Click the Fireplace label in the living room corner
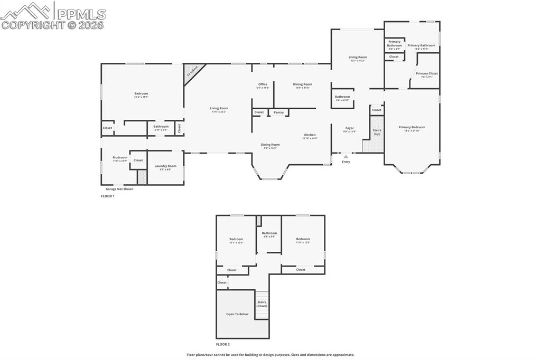coord(192,71)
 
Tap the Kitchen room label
coord(310,135)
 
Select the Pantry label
coord(278,112)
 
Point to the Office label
coord(263,84)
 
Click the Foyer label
coord(350,128)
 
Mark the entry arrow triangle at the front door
coord(346,156)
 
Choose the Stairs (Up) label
coord(377,132)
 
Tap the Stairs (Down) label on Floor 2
coord(262,304)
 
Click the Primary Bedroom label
coord(412,127)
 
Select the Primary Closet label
coord(426,73)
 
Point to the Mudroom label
coord(119,157)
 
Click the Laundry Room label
coord(165,166)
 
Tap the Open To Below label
coord(237,314)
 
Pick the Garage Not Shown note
coord(119,188)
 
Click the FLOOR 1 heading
coord(107,196)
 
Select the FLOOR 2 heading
coord(223,344)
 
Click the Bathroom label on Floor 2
coord(269,233)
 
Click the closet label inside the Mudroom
coord(138,160)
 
